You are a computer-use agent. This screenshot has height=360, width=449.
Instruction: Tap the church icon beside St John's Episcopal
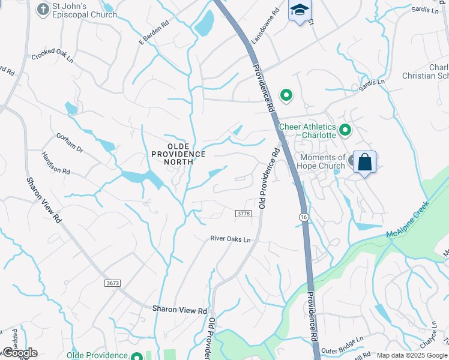[x=43, y=9]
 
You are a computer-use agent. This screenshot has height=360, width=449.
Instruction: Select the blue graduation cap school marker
[x=300, y=10]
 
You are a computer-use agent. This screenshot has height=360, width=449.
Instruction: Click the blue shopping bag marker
[x=364, y=162]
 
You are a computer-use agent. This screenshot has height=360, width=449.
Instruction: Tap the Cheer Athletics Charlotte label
[x=307, y=131]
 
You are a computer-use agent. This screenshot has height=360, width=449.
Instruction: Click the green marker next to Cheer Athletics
[x=345, y=129]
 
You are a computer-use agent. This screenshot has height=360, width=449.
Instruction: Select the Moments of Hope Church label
[x=322, y=161]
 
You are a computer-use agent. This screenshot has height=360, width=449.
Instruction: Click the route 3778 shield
[x=243, y=214]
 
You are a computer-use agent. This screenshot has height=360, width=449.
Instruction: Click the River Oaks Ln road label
[x=230, y=239]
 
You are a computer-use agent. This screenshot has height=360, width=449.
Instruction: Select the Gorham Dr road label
[x=71, y=142]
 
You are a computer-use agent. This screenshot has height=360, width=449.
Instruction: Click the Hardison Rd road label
[x=56, y=163]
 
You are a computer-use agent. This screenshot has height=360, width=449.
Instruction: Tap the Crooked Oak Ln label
[x=53, y=56]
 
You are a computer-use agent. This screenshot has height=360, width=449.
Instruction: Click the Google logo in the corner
[x=20, y=352]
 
